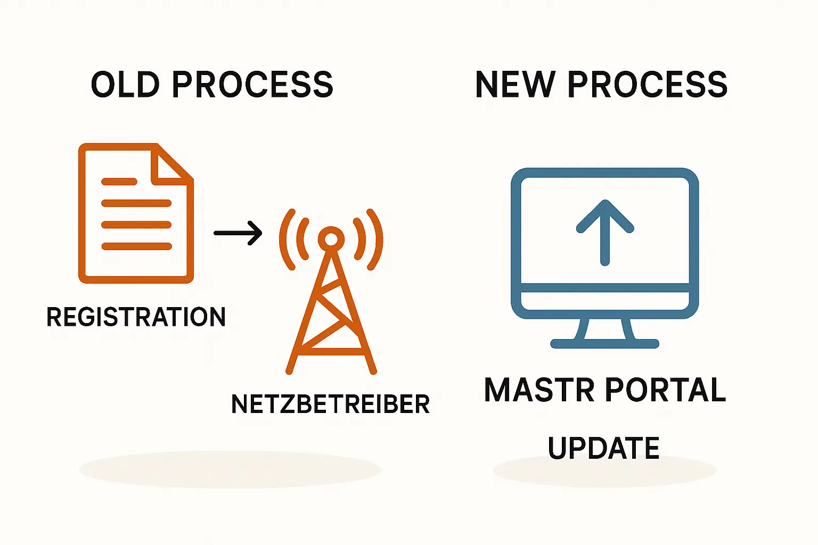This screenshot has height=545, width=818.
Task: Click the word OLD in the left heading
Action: (125, 85)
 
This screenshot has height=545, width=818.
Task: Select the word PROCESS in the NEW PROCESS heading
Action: (647, 85)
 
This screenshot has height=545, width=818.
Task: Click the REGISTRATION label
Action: (136, 317)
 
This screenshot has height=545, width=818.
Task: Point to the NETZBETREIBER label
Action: (330, 404)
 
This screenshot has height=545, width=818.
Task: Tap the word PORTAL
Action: (666, 390)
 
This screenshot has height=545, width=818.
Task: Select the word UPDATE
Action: (603, 448)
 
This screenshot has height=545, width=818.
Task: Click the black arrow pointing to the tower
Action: (238, 233)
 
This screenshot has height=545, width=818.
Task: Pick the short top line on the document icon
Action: (119, 181)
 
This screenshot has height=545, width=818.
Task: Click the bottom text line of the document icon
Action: (136, 246)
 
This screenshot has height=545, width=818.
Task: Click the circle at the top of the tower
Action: (331, 240)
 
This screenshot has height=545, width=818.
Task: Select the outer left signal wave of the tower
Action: (286, 240)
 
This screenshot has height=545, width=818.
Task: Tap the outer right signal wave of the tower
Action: (376, 240)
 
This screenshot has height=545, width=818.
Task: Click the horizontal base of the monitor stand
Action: (604, 344)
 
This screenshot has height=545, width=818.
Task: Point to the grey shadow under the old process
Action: (230, 469)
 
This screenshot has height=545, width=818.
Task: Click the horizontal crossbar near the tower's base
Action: (331, 351)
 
